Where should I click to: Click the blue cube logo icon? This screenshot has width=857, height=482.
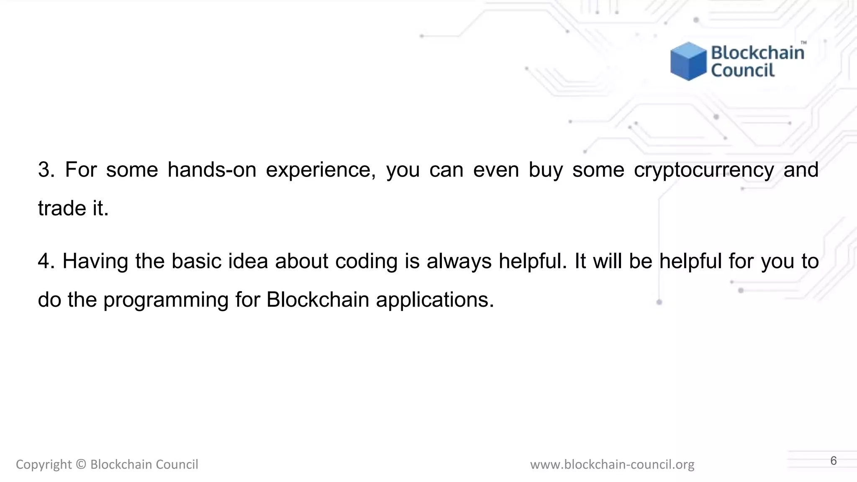[x=688, y=61]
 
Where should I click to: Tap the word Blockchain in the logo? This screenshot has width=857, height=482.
[x=757, y=53]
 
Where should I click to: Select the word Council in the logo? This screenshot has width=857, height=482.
[x=743, y=70]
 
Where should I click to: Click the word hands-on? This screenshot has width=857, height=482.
[x=212, y=170]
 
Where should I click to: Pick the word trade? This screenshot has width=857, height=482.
[x=62, y=208]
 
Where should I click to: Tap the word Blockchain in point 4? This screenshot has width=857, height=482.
[x=318, y=300]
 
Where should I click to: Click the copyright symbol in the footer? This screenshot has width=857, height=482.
[x=81, y=464]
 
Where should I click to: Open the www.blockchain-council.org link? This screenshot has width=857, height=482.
[x=612, y=464]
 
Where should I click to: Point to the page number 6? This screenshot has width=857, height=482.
[x=833, y=461]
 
